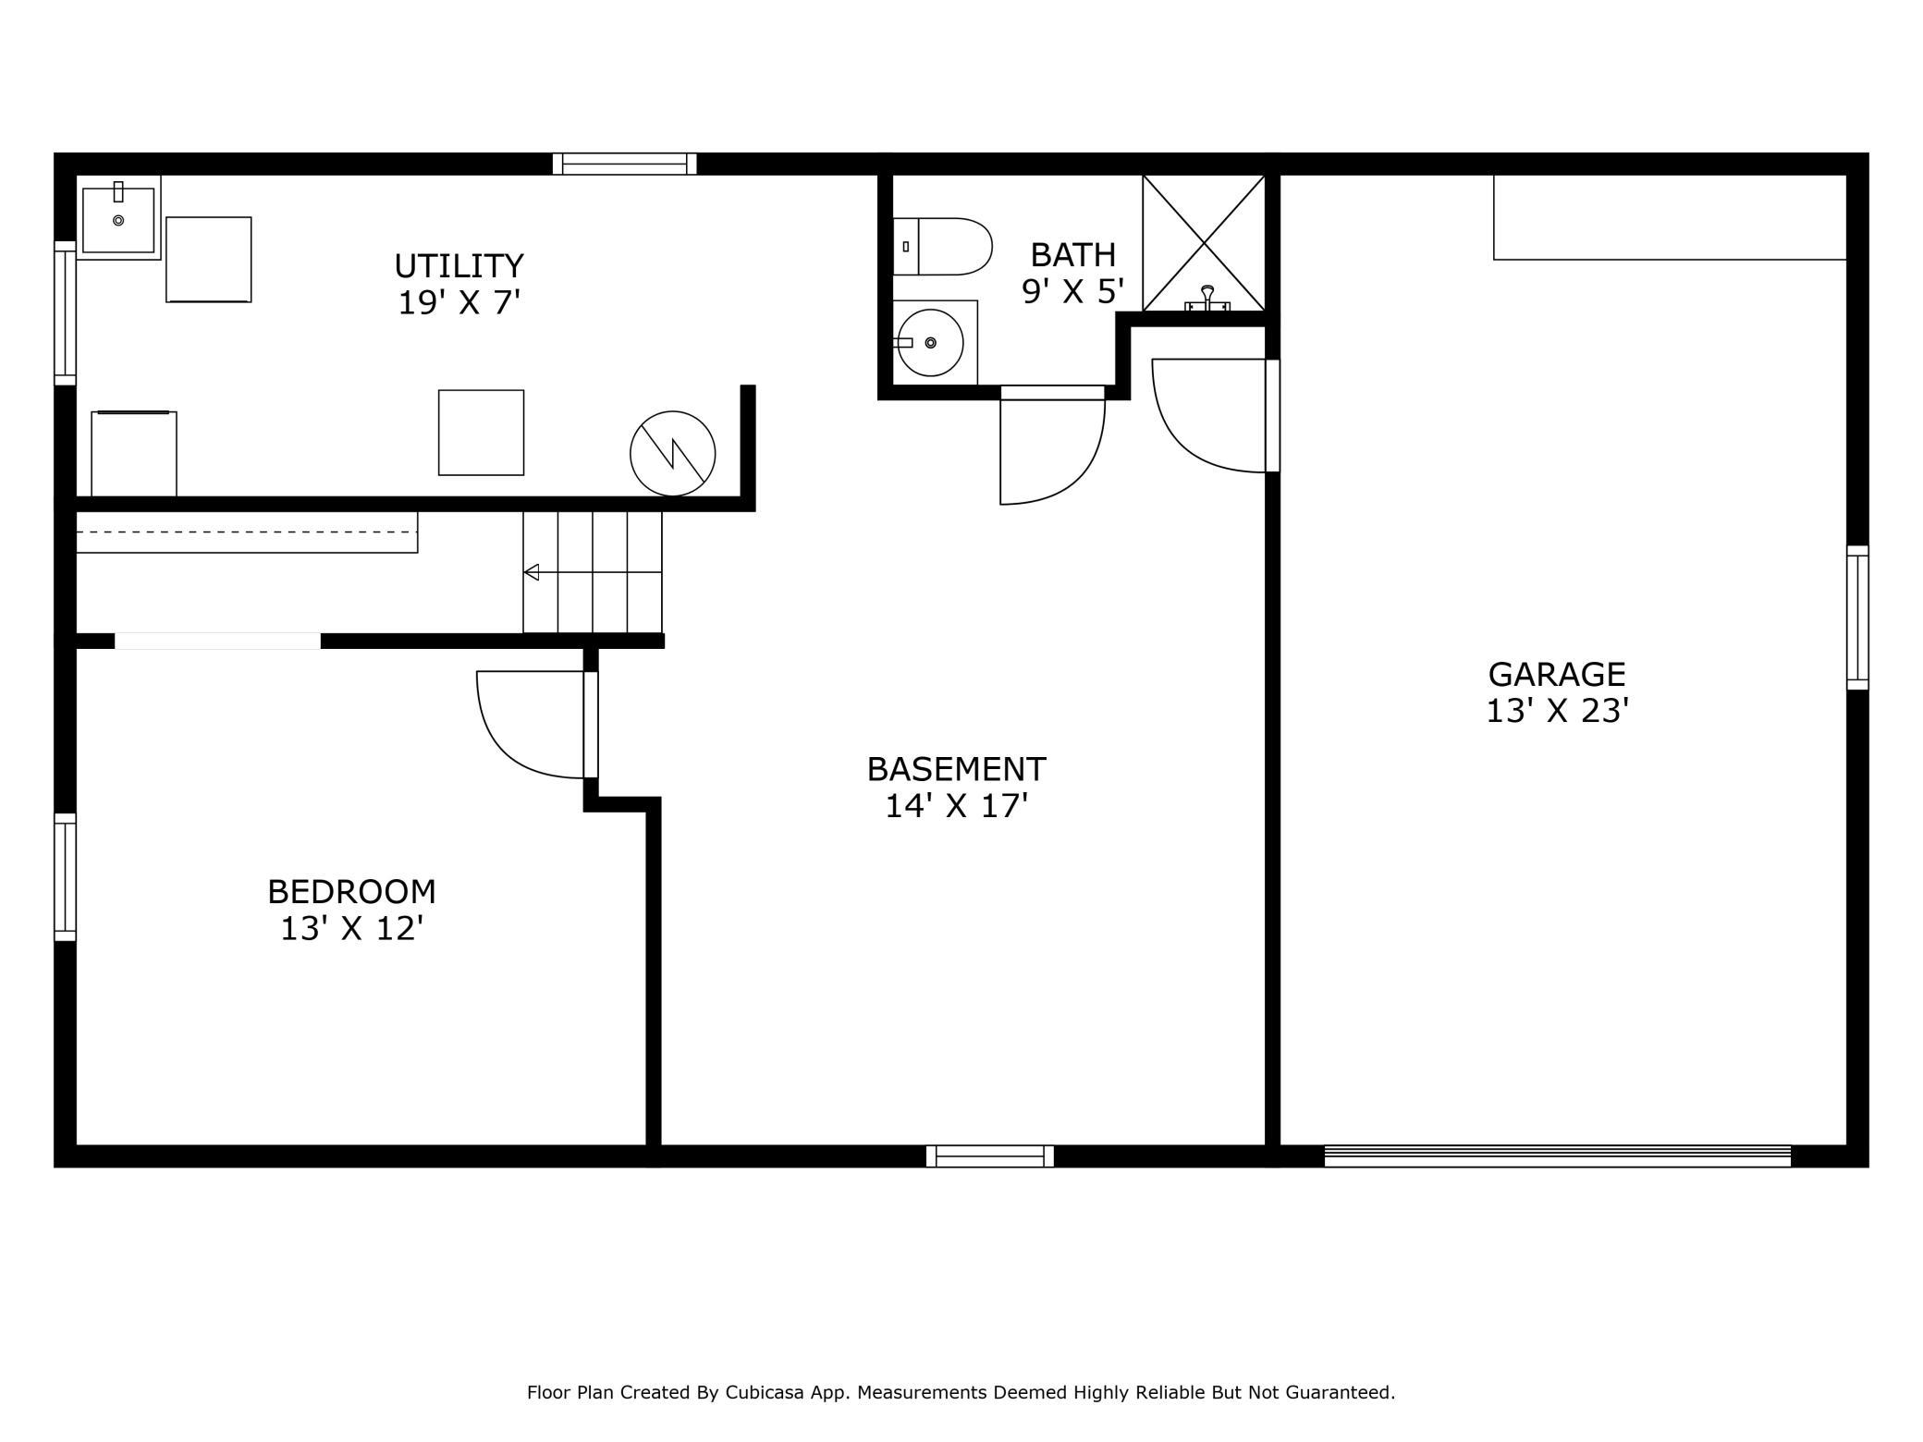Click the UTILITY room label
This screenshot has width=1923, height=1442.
pyautogui.click(x=459, y=266)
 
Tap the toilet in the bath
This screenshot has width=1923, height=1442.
pyautogui.click(x=942, y=247)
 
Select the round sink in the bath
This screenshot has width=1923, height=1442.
pyautogui.click(x=931, y=343)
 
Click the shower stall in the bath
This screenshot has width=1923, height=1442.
pyautogui.click(x=1204, y=243)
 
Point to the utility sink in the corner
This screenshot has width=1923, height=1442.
pyautogui.click(x=118, y=218)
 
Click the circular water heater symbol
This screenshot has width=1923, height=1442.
pyautogui.click(x=673, y=454)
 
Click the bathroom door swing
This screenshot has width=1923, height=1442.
pyautogui.click(x=1053, y=445)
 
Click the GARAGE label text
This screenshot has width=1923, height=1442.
pyautogui.click(x=1557, y=674)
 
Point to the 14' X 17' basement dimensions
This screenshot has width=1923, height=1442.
pyautogui.click(x=957, y=806)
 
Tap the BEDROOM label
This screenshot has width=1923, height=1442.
pyautogui.click(x=351, y=892)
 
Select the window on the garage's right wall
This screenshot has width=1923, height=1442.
pyautogui.click(x=1857, y=617)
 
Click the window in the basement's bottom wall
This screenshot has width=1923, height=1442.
pyautogui.click(x=990, y=1156)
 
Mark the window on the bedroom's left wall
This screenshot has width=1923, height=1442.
pyautogui.click(x=65, y=877)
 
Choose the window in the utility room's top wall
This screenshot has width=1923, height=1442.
pyautogui.click(x=625, y=164)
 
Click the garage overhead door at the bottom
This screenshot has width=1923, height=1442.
pyautogui.click(x=1558, y=1156)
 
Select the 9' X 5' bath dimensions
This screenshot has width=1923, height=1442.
pyautogui.click(x=1072, y=292)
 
